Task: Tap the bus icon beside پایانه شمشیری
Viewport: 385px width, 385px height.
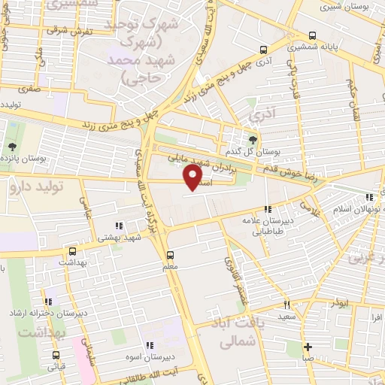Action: click(x=311, y=35)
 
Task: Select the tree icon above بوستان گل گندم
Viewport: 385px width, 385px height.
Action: click(x=253, y=140)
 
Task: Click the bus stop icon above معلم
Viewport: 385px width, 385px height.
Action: click(x=170, y=254)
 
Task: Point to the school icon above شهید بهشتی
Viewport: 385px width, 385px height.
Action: click(x=118, y=225)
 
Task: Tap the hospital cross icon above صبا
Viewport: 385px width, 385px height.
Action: click(x=308, y=347)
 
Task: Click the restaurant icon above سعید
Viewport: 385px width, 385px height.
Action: click(x=286, y=305)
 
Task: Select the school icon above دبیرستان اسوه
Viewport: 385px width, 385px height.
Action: click(x=171, y=345)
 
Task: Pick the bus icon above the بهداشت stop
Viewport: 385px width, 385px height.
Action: click(x=72, y=252)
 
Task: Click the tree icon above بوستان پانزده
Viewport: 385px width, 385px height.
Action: click(x=12, y=147)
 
